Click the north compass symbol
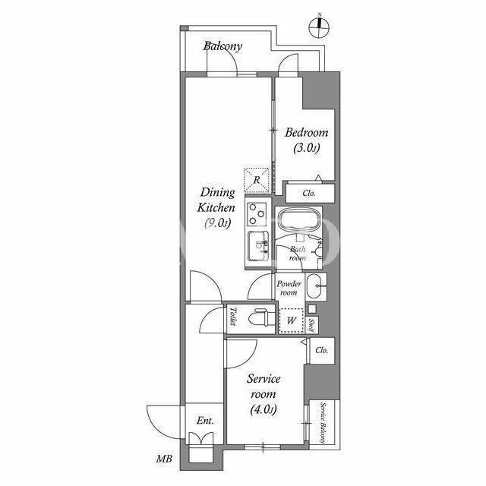[x=319, y=27]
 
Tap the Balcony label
[x=222, y=46]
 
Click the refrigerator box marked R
[x=257, y=180]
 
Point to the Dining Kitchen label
[x=216, y=200]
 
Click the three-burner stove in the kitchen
[x=257, y=213]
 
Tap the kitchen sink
[x=258, y=246]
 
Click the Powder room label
[x=289, y=288]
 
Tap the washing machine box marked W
[x=291, y=320]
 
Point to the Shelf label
[x=312, y=326]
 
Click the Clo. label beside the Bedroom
[x=309, y=194]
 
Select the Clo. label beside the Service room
[x=321, y=350]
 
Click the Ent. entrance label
[x=205, y=421]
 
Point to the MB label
[x=164, y=459]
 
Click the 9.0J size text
[x=218, y=222]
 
